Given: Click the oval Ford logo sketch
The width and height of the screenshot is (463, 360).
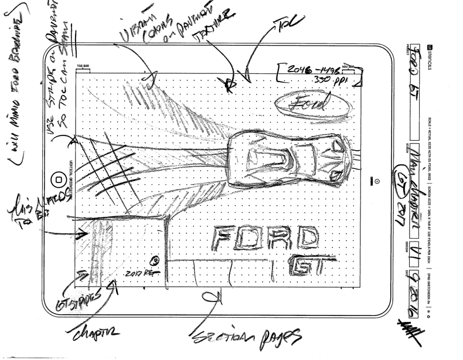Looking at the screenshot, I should click(303, 103).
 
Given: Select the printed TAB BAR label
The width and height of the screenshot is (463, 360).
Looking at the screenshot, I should click(83, 67).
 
